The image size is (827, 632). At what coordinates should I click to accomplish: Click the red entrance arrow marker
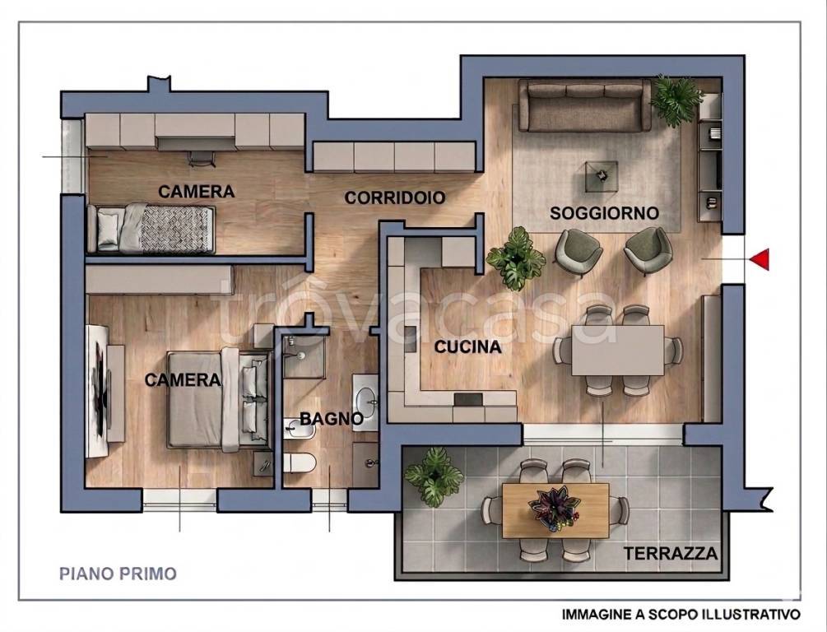coord(760,259)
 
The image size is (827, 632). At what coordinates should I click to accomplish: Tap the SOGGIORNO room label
coord(605,213)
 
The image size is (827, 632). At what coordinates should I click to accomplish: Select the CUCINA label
coord(468,347)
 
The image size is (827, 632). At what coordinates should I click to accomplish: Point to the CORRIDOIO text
coord(395,197)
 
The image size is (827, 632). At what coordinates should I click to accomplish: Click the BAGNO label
coord(332,419)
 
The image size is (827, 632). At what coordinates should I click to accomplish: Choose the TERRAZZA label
coord(671,553)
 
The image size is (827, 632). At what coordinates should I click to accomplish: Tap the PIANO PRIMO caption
coord(118,574)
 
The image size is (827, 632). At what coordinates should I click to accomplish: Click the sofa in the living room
coord(584,105)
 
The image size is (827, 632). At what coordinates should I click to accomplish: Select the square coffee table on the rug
coord(602,176)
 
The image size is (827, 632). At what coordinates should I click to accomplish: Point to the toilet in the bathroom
coord(300,463)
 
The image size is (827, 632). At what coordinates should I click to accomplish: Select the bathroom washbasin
coord(365,401)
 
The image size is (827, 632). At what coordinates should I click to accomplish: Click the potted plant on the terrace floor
coord(434,477)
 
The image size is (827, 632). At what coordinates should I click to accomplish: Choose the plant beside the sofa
coord(676,100)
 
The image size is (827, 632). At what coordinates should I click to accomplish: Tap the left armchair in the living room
coord(578,252)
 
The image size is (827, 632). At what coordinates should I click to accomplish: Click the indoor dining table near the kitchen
coord(618,350)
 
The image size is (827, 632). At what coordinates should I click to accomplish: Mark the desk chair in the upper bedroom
coord(202,158)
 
